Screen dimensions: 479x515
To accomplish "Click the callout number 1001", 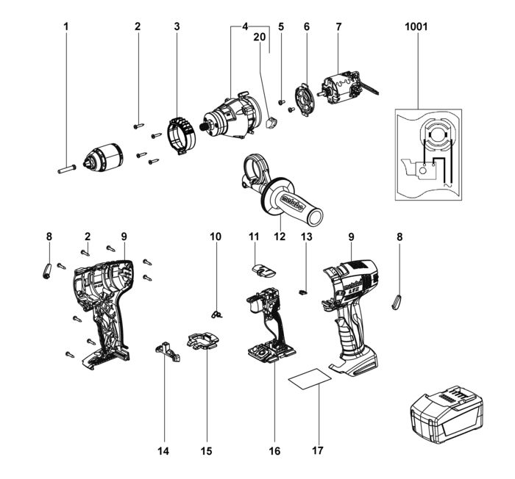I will click(x=416, y=27).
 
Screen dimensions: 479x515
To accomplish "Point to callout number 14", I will click(x=163, y=450).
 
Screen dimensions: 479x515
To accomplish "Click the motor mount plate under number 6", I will click(x=302, y=99).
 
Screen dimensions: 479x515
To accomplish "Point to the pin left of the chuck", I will click(x=64, y=167).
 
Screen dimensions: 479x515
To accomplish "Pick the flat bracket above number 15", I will click(x=203, y=341).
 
